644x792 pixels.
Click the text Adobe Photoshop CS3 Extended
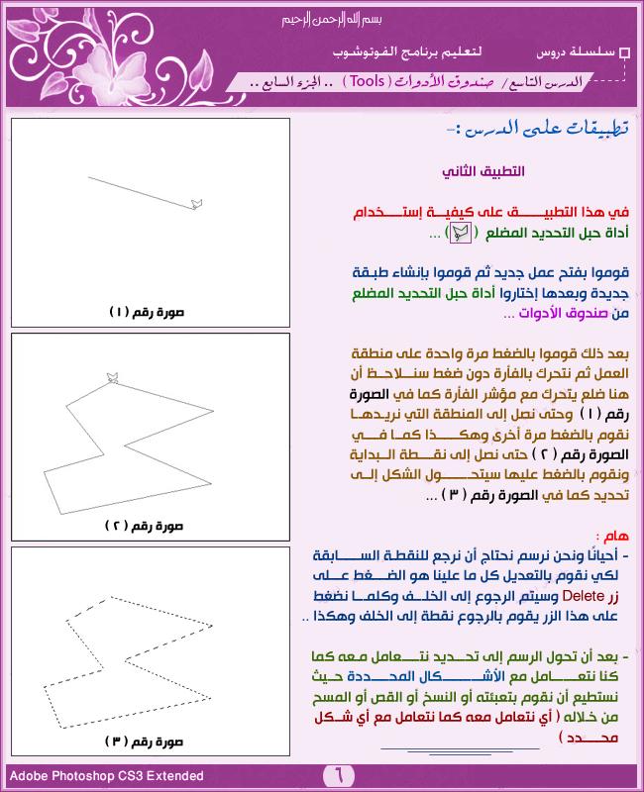click(106, 776)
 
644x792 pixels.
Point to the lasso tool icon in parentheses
click(460, 234)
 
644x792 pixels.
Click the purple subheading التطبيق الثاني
click(483, 171)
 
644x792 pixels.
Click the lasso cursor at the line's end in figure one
click(196, 203)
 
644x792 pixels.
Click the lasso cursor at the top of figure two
click(112, 376)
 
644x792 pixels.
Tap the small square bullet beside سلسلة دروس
click(623, 51)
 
